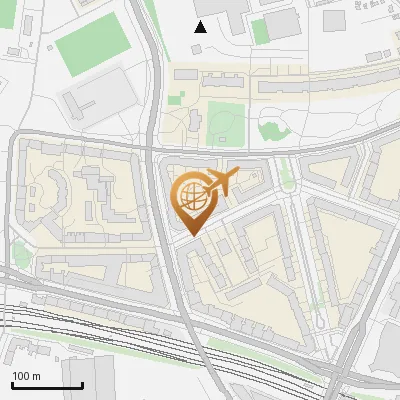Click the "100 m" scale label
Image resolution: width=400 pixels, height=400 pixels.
(x=26, y=376)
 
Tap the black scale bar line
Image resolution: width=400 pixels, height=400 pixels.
(x=47, y=385)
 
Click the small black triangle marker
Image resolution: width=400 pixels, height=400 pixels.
(x=201, y=27)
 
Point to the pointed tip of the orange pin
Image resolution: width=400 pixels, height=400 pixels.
(x=191, y=234)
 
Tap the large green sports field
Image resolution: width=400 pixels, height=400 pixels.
(x=92, y=42)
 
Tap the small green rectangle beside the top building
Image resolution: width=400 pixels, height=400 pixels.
(x=260, y=31)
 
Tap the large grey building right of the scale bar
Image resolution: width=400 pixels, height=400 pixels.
(x=100, y=380)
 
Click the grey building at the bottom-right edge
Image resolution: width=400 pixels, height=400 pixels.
(x=388, y=355)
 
